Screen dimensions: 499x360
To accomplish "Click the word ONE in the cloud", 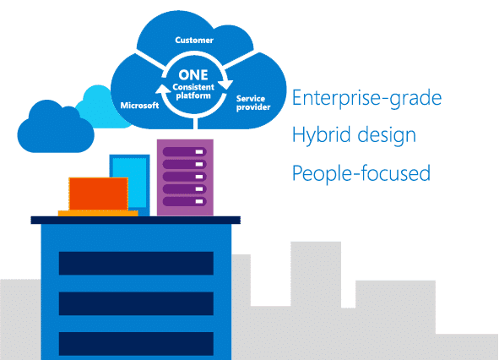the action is point(193,75).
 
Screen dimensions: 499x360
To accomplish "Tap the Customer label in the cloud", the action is point(194,41).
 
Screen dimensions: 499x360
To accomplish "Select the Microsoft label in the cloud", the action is point(139,105).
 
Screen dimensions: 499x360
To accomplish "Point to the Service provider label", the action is point(253,103).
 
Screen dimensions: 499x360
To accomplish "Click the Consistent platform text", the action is point(193,91).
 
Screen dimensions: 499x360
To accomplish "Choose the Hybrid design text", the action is point(354,135).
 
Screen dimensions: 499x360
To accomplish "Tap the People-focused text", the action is point(361,173).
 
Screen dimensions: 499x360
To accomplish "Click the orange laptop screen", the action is point(98,194).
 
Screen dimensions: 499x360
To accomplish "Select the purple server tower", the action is point(185,177).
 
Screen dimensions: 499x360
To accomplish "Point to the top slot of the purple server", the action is point(185,151).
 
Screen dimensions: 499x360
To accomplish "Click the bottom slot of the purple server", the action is point(185,201).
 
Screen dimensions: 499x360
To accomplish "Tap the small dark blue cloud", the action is point(56,128).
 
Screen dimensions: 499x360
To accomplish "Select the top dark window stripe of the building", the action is point(136,263).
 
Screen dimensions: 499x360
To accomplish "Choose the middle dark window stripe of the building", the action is point(136,303).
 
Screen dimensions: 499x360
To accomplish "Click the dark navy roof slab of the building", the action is point(136,221).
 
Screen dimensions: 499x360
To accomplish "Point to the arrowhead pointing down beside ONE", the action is point(226,85).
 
